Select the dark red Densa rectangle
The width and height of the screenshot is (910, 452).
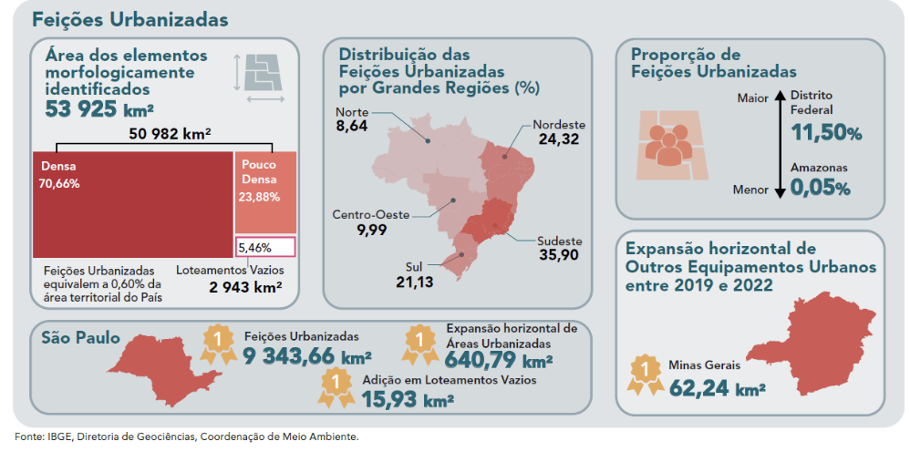pos(132,204)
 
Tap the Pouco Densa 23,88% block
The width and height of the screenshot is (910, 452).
pos(265,192)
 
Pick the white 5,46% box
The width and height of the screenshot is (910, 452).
pos(265,247)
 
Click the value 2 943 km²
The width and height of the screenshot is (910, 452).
pos(245,287)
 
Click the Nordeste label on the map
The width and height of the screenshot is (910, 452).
pos(559,125)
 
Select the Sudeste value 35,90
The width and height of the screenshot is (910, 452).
pos(557,255)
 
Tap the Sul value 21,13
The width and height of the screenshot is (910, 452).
pos(414,282)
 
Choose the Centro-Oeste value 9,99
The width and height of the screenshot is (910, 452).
pos(371,230)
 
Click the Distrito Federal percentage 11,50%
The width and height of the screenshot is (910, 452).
pos(826,132)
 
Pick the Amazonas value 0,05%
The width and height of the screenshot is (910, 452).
pos(820,189)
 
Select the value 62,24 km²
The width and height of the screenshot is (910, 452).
pos(717,387)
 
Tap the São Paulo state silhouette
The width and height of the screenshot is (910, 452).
pos(165,370)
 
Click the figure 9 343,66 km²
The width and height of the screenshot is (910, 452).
pos(307,355)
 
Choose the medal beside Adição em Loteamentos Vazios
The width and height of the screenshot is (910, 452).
pos(336,387)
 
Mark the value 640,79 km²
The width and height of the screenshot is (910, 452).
pos(499,360)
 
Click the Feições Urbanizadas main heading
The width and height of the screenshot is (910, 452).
pos(129,19)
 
